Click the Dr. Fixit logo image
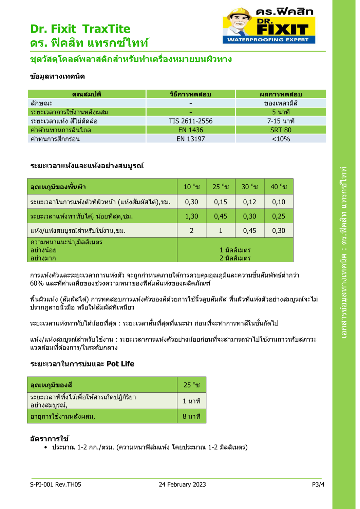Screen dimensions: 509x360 pos(269,26)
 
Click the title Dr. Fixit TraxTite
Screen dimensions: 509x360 pos(80,29)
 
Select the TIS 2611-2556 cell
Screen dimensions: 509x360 pos(190,121)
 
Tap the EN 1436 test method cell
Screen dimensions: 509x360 pos(190,130)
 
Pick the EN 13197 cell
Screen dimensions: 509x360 pos(190,139)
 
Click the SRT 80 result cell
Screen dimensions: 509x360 pos(281,130)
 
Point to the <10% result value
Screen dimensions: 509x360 pos(281,139)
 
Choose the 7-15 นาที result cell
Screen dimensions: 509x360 pos(281,121)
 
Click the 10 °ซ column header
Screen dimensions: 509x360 pos(191,187)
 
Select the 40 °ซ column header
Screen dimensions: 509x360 pos(279,187)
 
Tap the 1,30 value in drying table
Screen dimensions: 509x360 pos(191,216)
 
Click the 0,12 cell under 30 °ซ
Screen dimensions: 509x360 pos(249,202)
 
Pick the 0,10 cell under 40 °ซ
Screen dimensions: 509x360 pos(279,202)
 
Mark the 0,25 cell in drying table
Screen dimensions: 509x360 pos(279,216)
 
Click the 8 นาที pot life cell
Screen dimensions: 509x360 pos(191,416)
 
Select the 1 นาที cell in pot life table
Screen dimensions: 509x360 pos(191,401)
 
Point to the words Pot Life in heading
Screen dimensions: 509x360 pos(120,364)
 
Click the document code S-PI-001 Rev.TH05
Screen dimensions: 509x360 pos(56,485)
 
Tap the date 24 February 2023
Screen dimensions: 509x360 pos(182,485)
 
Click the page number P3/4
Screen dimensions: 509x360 pos(318,485)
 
